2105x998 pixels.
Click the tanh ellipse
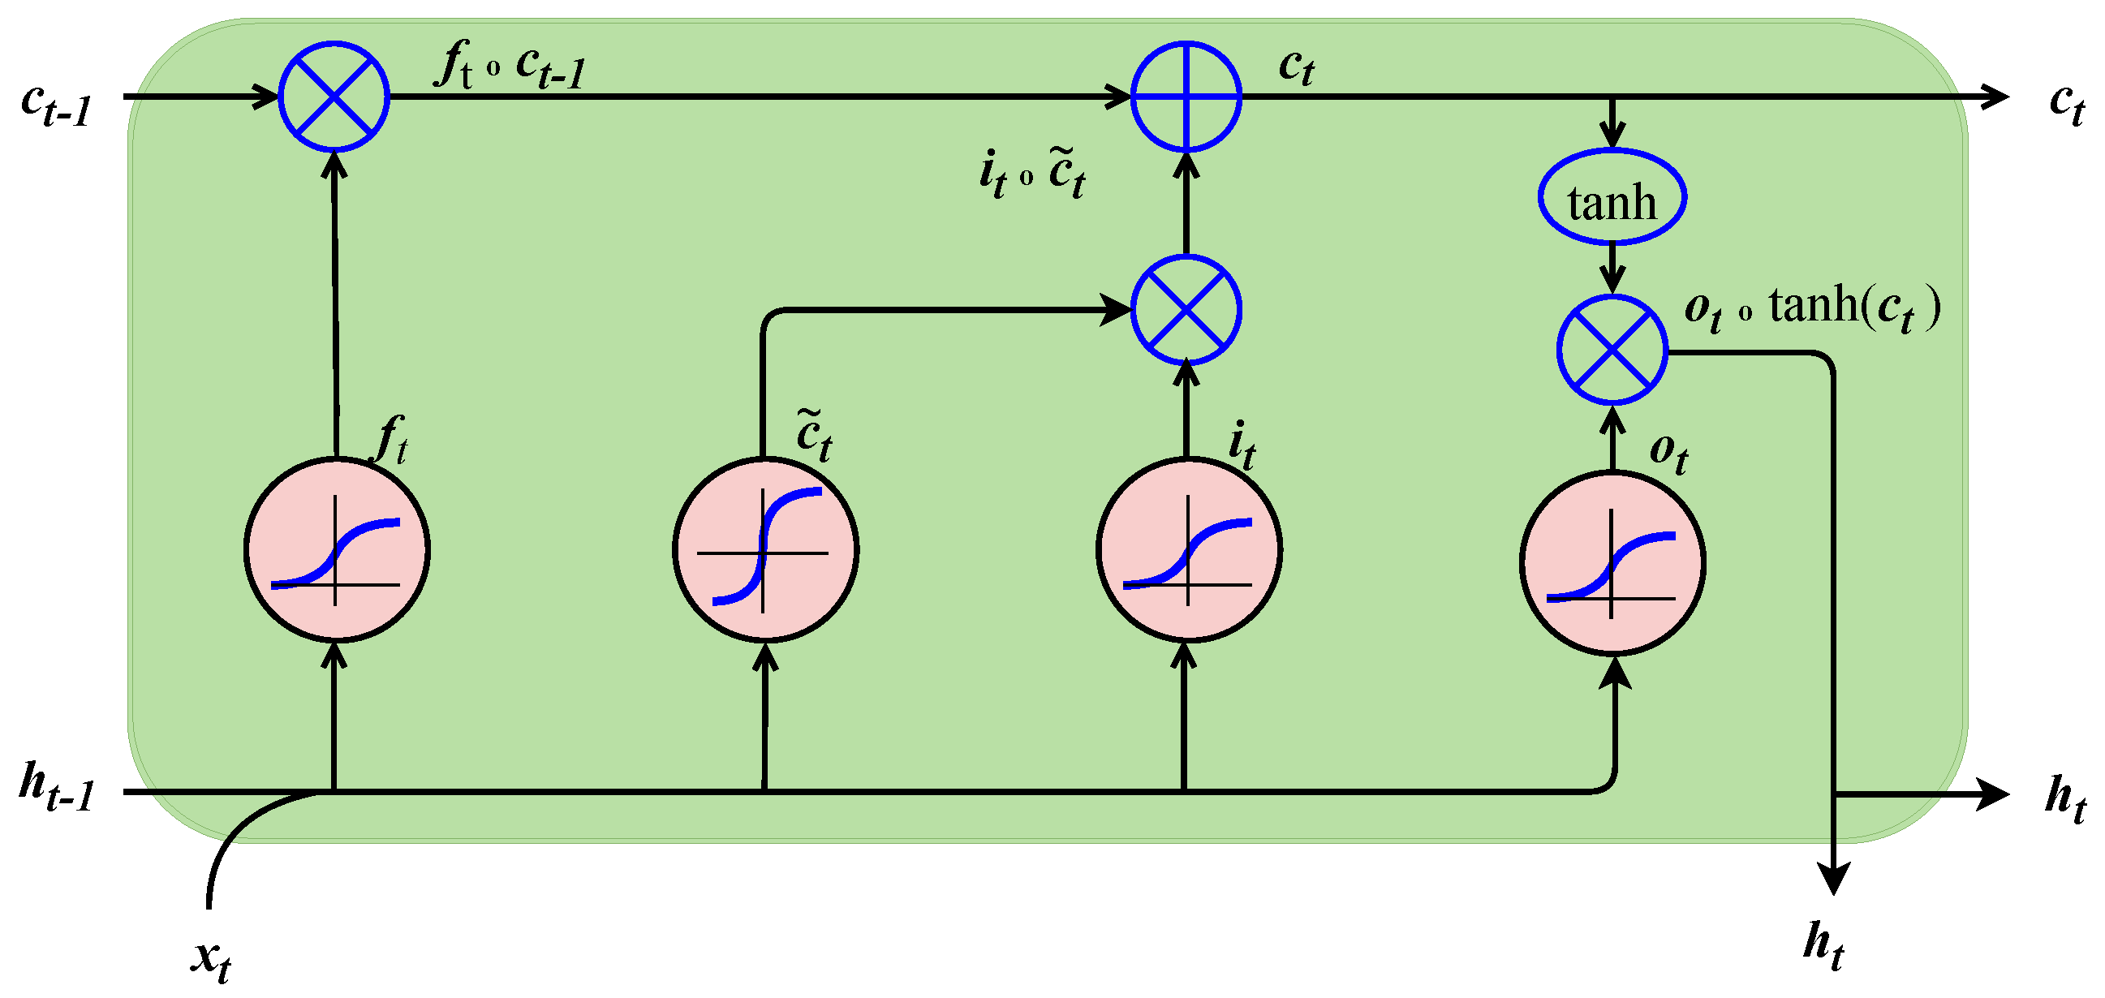tap(1612, 197)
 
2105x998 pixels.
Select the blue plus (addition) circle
tap(1186, 97)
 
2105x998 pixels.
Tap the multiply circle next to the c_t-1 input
tap(334, 97)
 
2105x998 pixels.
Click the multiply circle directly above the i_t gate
tap(1186, 310)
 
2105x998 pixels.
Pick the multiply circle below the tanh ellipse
tap(1612, 349)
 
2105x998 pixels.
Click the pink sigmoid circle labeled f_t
tap(336, 550)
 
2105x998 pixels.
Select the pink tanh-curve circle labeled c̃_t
tap(765, 550)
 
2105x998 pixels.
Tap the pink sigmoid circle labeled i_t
tap(1188, 550)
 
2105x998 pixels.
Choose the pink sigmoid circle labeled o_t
tap(1612, 563)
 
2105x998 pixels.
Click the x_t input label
tap(211, 957)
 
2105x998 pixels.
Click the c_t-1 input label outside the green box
tap(55, 105)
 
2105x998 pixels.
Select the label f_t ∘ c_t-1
tap(510, 66)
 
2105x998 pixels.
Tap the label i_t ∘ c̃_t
tap(1032, 174)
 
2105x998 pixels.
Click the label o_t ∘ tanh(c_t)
tap(1811, 309)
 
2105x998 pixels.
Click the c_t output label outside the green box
tap(2068, 105)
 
